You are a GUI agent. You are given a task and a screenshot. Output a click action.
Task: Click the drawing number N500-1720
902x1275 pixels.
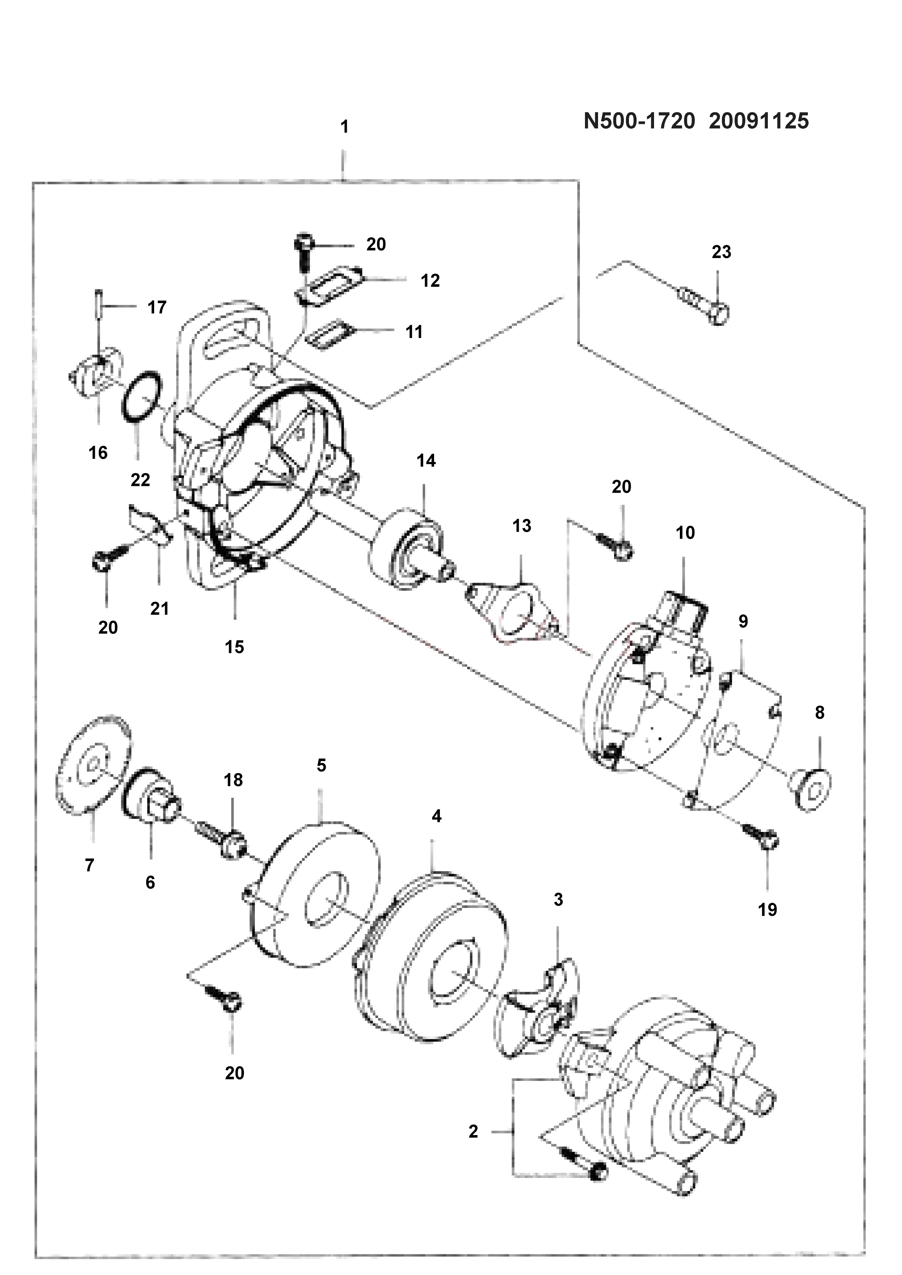[x=639, y=121]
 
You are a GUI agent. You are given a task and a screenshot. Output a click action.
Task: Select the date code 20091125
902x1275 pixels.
[x=759, y=121]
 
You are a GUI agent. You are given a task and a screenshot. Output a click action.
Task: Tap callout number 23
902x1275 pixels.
[x=721, y=252]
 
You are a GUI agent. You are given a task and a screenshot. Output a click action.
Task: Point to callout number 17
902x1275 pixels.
[x=157, y=307]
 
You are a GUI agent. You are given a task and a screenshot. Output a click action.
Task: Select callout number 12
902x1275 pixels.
[x=430, y=281]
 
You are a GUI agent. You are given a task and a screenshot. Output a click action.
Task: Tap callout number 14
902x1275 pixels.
[x=426, y=460]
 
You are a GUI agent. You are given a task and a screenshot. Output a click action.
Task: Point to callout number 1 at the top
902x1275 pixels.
[x=344, y=127]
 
